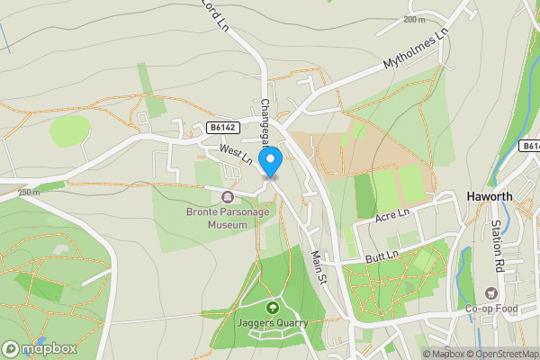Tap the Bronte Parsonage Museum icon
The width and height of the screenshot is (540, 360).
coord(226,197)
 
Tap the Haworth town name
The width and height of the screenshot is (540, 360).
coord(490,197)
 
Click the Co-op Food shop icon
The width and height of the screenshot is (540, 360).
coord(490,292)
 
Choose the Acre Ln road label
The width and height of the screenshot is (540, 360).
coord(391,216)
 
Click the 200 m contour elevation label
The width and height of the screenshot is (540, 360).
coord(415,20)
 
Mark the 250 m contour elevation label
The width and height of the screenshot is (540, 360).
coord(29,192)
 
